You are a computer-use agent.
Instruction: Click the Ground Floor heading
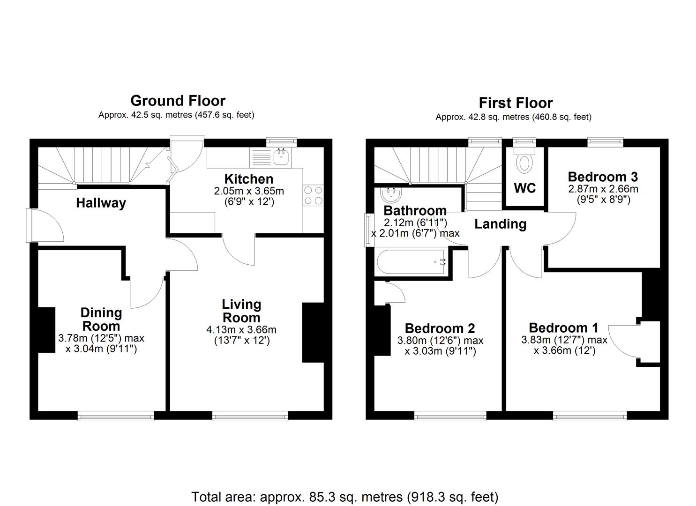[178, 101]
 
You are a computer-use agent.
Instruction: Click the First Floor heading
[515, 103]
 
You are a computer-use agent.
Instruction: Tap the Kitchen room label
[248, 179]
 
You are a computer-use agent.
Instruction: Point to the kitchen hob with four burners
[313, 195]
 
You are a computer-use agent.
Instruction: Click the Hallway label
[101, 203]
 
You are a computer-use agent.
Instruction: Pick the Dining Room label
[101, 319]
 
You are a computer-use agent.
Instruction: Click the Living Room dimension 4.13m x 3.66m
[241, 330]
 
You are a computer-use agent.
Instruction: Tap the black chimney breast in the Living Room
[313, 333]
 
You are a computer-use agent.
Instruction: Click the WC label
[524, 188]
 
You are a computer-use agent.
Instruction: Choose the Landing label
[500, 224]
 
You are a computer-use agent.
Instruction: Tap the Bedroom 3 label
[602, 177]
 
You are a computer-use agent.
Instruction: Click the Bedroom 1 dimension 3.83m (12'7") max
[564, 340]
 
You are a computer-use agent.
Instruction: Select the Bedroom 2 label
[440, 328]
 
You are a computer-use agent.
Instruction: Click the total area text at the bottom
[344, 497]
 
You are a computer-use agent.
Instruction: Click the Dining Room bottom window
[116, 415]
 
